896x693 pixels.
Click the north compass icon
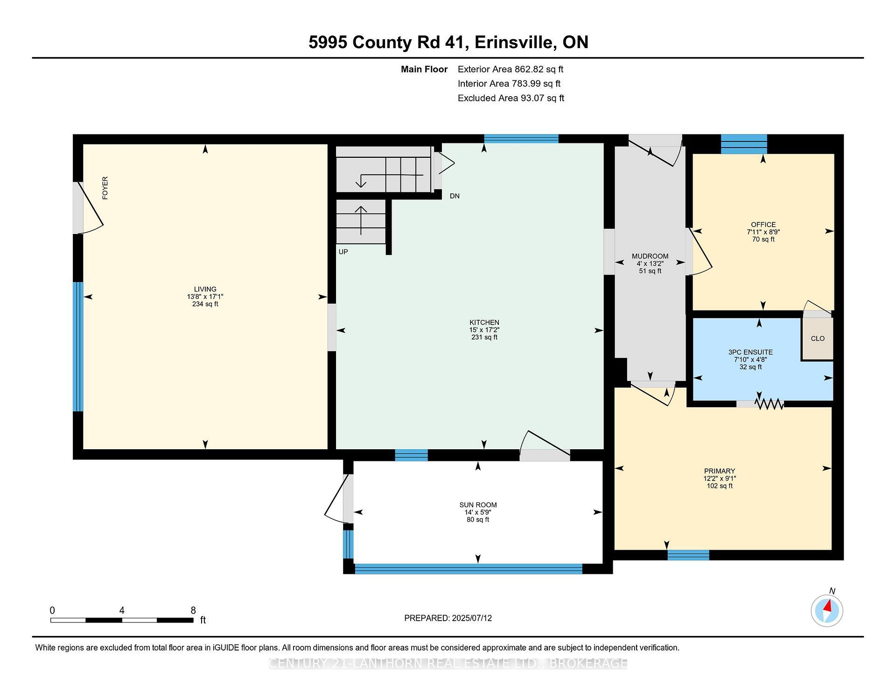point(827,610)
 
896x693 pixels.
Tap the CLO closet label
point(818,339)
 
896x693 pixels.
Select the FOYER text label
point(105,188)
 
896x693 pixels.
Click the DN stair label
point(455,196)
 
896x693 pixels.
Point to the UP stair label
point(343,252)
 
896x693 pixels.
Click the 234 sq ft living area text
point(205,304)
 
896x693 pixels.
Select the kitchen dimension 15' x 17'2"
point(484,330)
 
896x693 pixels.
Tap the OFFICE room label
point(763,225)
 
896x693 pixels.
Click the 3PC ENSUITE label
point(750,352)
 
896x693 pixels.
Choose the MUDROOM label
point(650,256)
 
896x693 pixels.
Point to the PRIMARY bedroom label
point(720,471)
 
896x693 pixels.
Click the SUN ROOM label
point(478,505)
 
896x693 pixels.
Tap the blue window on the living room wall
point(78,346)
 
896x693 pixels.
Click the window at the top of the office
point(744,144)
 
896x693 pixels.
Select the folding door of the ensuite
point(770,404)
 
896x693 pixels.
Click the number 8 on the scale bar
point(193,610)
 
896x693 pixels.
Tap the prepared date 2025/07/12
point(472,618)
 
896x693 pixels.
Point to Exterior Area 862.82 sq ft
point(511,69)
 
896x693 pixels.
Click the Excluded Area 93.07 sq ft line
point(511,98)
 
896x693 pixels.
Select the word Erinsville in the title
point(514,42)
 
